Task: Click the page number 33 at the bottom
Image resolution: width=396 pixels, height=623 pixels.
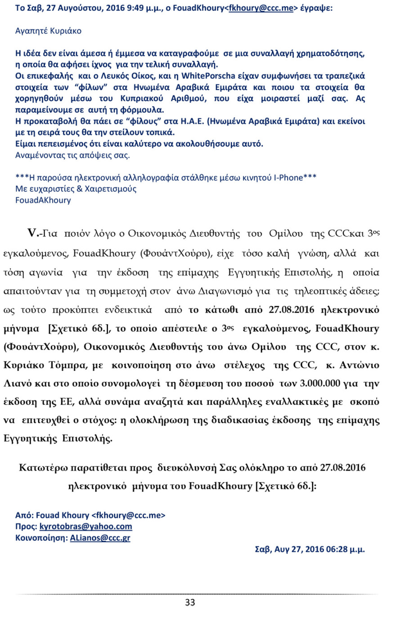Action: (x=190, y=602)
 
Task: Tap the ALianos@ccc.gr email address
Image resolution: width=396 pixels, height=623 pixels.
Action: (x=100, y=538)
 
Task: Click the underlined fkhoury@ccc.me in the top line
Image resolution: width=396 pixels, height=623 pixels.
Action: (x=261, y=8)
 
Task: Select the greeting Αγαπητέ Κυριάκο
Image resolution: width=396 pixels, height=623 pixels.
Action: (x=48, y=31)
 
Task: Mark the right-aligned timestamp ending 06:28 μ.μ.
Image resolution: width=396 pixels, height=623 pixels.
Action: (x=310, y=549)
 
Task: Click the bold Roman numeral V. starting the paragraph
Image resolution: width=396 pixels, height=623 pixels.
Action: (x=33, y=233)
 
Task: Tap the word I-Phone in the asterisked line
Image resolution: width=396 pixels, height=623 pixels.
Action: (x=288, y=178)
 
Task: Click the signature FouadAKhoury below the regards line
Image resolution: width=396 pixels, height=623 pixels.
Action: (x=43, y=200)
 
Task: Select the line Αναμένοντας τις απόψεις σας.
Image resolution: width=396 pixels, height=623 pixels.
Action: (x=72, y=155)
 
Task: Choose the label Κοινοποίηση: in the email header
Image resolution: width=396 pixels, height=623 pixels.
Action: (x=41, y=538)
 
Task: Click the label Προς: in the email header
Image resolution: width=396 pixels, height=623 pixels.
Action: (x=26, y=526)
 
